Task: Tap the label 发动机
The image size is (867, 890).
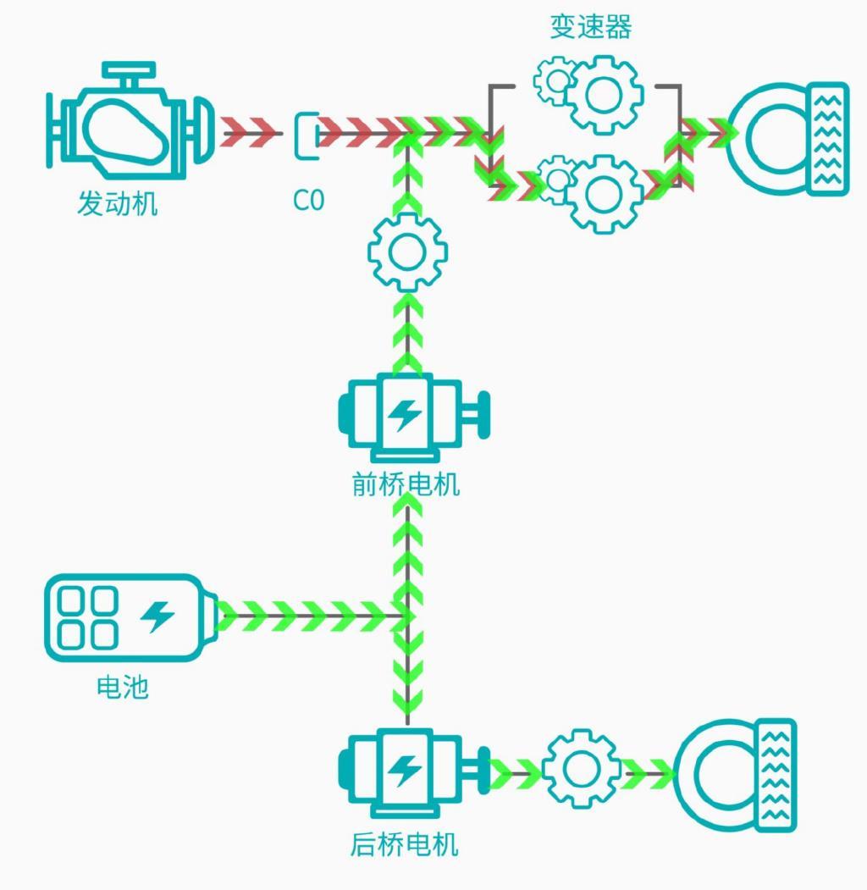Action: [117, 203]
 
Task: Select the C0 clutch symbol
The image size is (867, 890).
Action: [307, 135]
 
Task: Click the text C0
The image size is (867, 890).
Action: [309, 200]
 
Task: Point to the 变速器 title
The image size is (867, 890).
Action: [591, 27]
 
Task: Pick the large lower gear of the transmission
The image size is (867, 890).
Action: [603, 194]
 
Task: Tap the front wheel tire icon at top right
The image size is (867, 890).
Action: [789, 139]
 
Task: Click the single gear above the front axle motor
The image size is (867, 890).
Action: [407, 252]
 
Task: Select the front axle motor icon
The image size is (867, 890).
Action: [413, 417]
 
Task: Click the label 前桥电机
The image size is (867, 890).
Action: [406, 484]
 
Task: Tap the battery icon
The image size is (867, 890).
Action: [131, 617]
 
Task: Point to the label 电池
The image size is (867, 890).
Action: [123, 687]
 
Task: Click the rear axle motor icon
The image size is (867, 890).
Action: [413, 773]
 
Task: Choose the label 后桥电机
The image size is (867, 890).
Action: [404, 844]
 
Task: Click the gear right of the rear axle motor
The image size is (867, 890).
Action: [582, 769]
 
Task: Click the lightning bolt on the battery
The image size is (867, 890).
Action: [157, 616]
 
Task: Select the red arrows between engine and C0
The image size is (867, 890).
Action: [250, 133]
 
